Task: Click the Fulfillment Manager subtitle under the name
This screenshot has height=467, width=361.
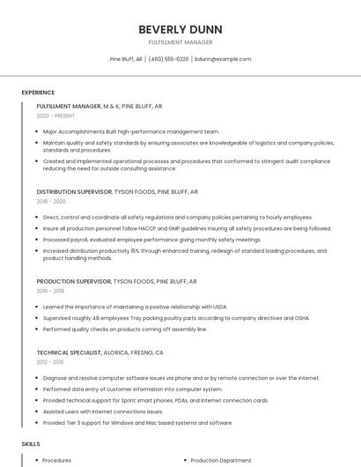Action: coord(180,41)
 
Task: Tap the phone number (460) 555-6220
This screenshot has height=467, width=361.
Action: coord(168,59)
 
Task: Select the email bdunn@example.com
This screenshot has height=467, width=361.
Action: coord(223,59)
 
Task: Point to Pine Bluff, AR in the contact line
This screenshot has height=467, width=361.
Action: coord(126,59)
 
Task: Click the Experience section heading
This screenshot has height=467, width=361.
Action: coord(38,93)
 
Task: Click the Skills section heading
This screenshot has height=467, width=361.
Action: coord(31,445)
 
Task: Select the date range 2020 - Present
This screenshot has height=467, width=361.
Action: coord(55,115)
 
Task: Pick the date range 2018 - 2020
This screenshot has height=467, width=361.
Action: coord(51,201)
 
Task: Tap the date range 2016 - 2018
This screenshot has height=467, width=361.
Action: coord(50,290)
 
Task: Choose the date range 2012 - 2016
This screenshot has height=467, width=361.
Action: coord(50,361)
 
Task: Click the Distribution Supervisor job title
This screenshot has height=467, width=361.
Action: coord(74,191)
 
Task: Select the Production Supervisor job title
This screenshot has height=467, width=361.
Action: coord(74,280)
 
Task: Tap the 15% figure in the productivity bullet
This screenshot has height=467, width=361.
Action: coord(135,250)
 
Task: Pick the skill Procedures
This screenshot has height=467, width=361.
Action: coord(57,460)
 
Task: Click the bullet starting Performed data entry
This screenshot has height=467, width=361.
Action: coord(132,389)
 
